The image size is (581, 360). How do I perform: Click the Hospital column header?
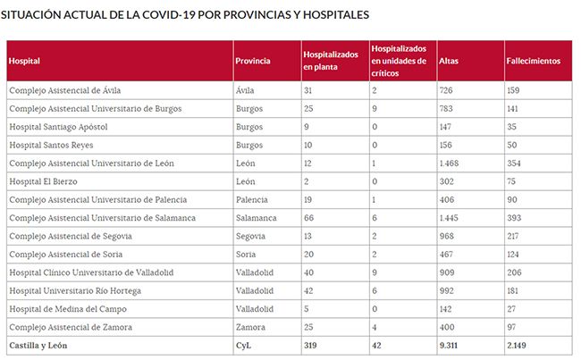tap(25, 61)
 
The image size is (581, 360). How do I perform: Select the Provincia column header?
tap(253, 61)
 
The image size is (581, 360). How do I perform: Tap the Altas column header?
tap(449, 61)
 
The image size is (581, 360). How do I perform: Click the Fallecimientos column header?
tap(534, 61)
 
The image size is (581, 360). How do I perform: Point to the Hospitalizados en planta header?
tap(331, 61)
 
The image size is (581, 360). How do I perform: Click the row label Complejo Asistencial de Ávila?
tap(64, 90)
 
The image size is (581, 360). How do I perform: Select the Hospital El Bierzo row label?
tap(43, 180)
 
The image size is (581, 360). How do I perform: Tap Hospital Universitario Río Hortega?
tap(75, 290)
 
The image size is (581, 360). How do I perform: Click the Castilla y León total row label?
tap(38, 345)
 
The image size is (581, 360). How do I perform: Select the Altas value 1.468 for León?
tap(449, 163)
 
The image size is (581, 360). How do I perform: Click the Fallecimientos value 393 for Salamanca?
tap(515, 217)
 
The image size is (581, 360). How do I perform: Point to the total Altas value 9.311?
tap(450, 345)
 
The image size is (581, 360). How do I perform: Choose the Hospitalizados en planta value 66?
tap(309, 217)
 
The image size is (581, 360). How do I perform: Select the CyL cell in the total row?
tap(243, 345)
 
